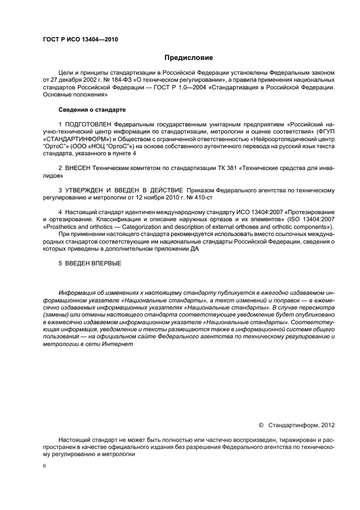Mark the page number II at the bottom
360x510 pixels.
click(x=45, y=466)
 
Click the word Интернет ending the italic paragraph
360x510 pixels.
click(x=118, y=345)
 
